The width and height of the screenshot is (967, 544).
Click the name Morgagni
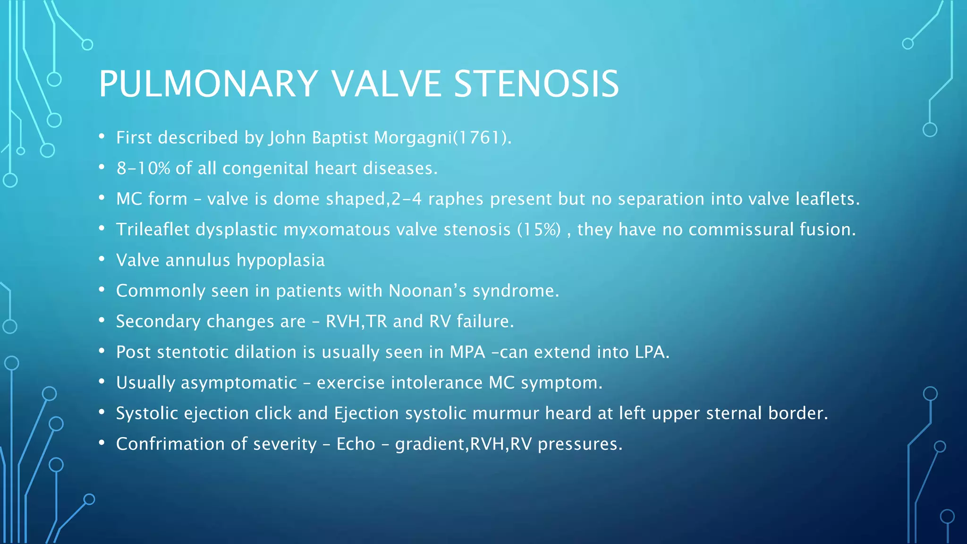pos(412,138)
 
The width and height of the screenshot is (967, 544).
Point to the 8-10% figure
pos(143,169)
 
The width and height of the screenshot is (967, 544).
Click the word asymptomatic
pos(239,383)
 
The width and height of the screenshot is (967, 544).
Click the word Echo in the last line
pos(356,444)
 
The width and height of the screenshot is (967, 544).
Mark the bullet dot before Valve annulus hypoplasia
pos(102,260)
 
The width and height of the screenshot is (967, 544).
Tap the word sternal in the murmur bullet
pos(734,414)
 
